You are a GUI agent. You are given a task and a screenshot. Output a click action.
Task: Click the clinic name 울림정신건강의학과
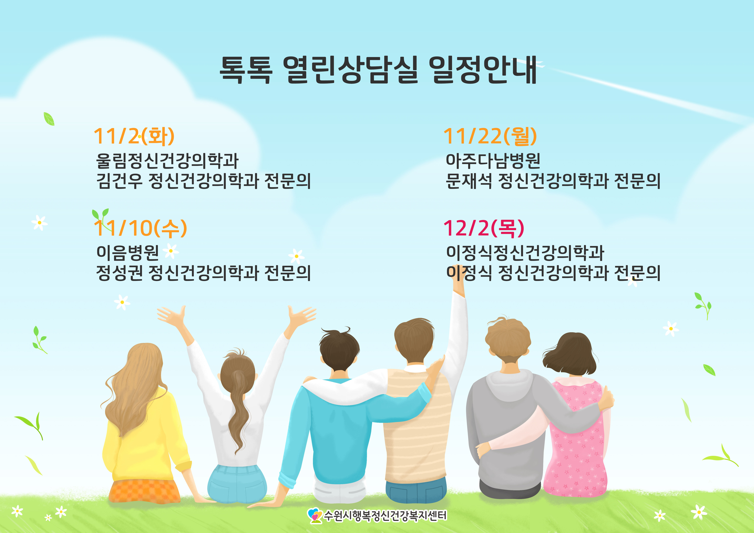(x=167, y=161)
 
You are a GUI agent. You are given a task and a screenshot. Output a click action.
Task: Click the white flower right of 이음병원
(x=171, y=251)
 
